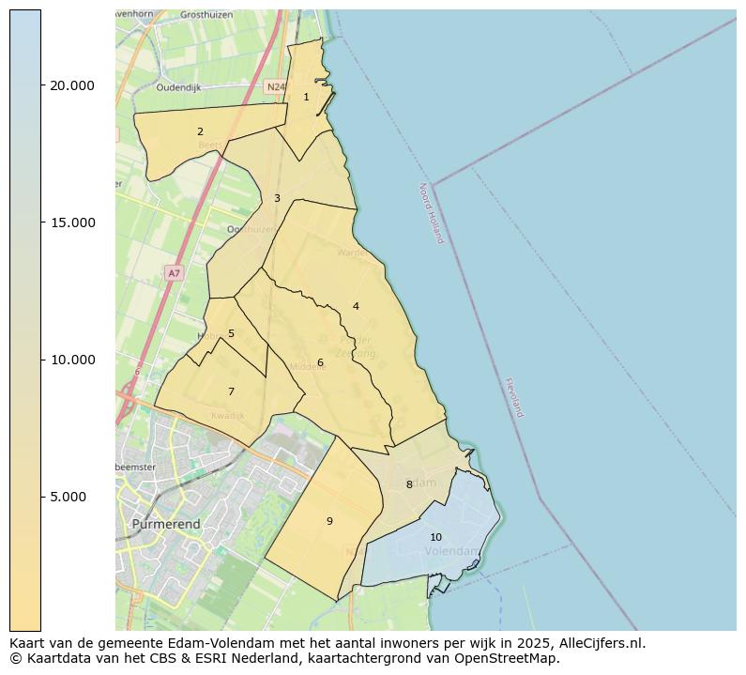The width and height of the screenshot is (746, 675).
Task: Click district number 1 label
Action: pyautogui.click(x=306, y=97)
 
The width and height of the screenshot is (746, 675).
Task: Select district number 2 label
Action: pyautogui.click(x=200, y=131)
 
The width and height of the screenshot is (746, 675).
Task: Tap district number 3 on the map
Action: pyautogui.click(x=277, y=198)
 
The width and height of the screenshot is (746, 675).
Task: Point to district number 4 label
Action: pyautogui.click(x=356, y=306)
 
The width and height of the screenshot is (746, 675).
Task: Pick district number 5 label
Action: pyautogui.click(x=231, y=333)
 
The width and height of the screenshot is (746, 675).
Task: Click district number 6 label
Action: pyautogui.click(x=320, y=362)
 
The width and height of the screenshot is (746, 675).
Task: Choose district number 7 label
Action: pyautogui.click(x=231, y=391)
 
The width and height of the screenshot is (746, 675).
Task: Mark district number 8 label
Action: pyautogui.click(x=409, y=484)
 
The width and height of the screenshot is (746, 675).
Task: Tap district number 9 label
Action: pyautogui.click(x=329, y=521)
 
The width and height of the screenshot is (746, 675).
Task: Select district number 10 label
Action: pyautogui.click(x=435, y=537)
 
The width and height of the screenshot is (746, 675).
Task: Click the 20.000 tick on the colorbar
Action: pyautogui.click(x=72, y=85)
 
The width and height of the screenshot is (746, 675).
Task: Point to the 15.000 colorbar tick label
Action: pyautogui.click(x=72, y=222)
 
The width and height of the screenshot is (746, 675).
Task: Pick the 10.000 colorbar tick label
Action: pyautogui.click(x=72, y=360)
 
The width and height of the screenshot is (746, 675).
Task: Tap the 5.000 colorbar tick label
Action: pyautogui.click(x=76, y=497)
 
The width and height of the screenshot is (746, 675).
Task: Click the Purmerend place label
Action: pyautogui.click(x=166, y=524)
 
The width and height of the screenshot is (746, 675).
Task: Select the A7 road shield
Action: pyautogui.click(x=173, y=273)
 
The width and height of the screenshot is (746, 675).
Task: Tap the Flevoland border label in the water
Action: pyautogui.click(x=513, y=397)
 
